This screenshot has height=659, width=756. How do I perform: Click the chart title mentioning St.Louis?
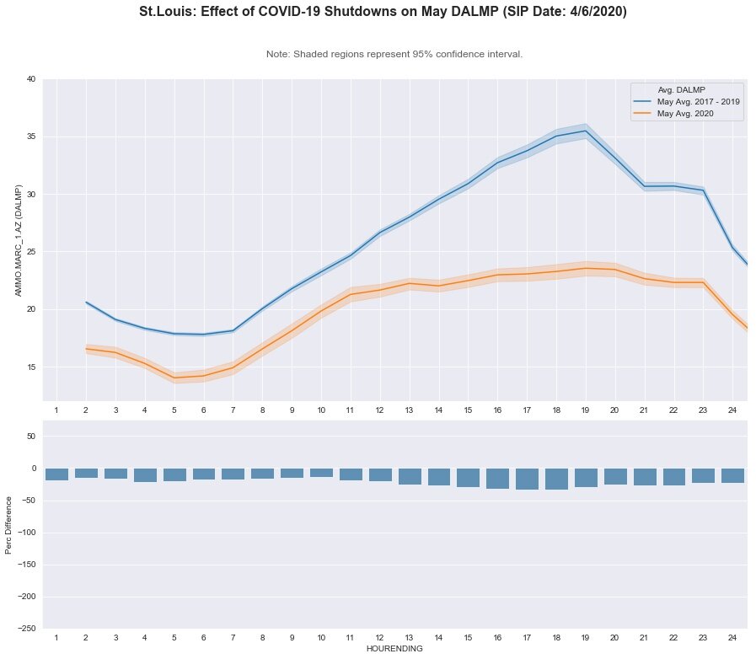(x=383, y=13)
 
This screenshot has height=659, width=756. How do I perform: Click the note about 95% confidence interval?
(x=394, y=54)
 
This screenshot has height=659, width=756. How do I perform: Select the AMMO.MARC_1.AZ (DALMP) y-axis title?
(x=18, y=241)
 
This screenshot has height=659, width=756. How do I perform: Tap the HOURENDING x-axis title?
(x=394, y=649)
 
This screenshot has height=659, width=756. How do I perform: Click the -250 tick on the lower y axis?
(x=27, y=629)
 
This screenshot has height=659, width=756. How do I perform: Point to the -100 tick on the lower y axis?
(x=27, y=533)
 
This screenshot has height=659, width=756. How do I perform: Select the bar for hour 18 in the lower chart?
(x=556, y=479)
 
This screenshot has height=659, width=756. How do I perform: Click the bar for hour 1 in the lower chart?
(x=56, y=474)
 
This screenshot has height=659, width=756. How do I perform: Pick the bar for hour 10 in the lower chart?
(x=321, y=473)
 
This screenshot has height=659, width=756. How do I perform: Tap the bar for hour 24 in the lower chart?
(x=732, y=475)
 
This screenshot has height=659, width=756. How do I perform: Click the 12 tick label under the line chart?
(x=379, y=410)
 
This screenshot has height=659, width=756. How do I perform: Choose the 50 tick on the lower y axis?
(x=30, y=437)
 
